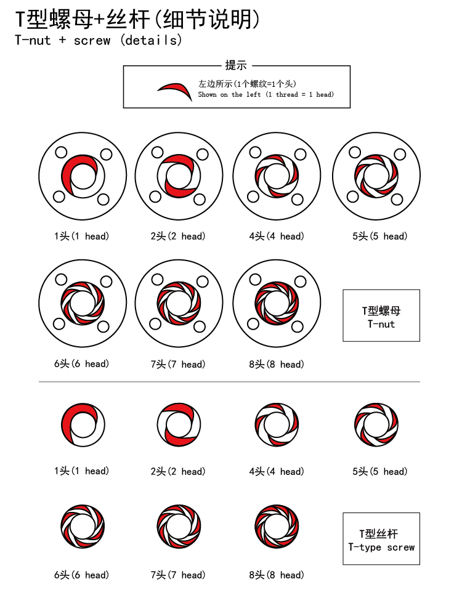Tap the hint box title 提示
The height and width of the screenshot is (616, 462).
click(236, 65)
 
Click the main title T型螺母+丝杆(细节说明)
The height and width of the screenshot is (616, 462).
click(137, 19)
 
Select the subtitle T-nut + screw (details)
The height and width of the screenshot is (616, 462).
click(99, 40)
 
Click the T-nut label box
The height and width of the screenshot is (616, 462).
click(381, 315)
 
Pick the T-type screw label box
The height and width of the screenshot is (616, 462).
click(381, 538)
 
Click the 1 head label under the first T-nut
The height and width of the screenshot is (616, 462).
click(82, 236)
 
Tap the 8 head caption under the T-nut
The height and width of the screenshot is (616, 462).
click(277, 364)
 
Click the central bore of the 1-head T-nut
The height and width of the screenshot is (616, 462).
click(83, 176)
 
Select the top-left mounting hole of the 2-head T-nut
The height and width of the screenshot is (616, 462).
click(158, 152)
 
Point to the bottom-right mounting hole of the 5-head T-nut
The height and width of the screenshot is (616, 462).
click(397, 199)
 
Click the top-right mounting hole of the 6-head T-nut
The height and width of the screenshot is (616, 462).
click(106, 282)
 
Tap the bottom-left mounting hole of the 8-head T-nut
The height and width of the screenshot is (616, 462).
click(253, 324)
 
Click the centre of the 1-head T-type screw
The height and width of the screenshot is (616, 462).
click(83, 424)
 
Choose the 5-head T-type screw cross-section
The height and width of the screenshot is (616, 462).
click(376, 424)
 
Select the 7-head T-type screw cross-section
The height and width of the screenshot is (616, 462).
click(179, 527)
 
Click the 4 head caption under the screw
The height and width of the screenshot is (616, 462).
click(277, 471)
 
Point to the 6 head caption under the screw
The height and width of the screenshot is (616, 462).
click(82, 575)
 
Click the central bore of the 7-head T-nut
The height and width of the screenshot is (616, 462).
click(179, 303)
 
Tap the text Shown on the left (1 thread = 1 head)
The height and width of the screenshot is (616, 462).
click(266, 94)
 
